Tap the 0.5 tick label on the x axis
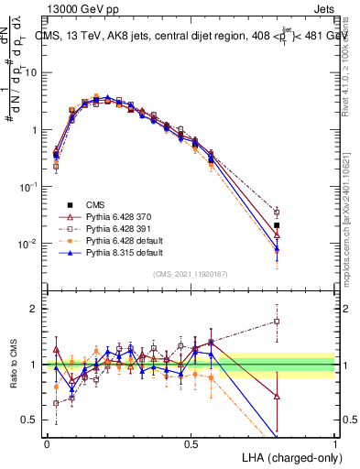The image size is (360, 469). (191, 443)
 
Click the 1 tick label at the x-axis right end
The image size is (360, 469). (335, 443)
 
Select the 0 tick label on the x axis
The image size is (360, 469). (47, 443)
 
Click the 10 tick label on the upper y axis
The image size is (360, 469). (33, 71)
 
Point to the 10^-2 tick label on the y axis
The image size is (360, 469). (31, 244)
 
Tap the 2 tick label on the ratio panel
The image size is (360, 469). (37, 309)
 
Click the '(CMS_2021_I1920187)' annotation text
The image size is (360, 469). (191, 274)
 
